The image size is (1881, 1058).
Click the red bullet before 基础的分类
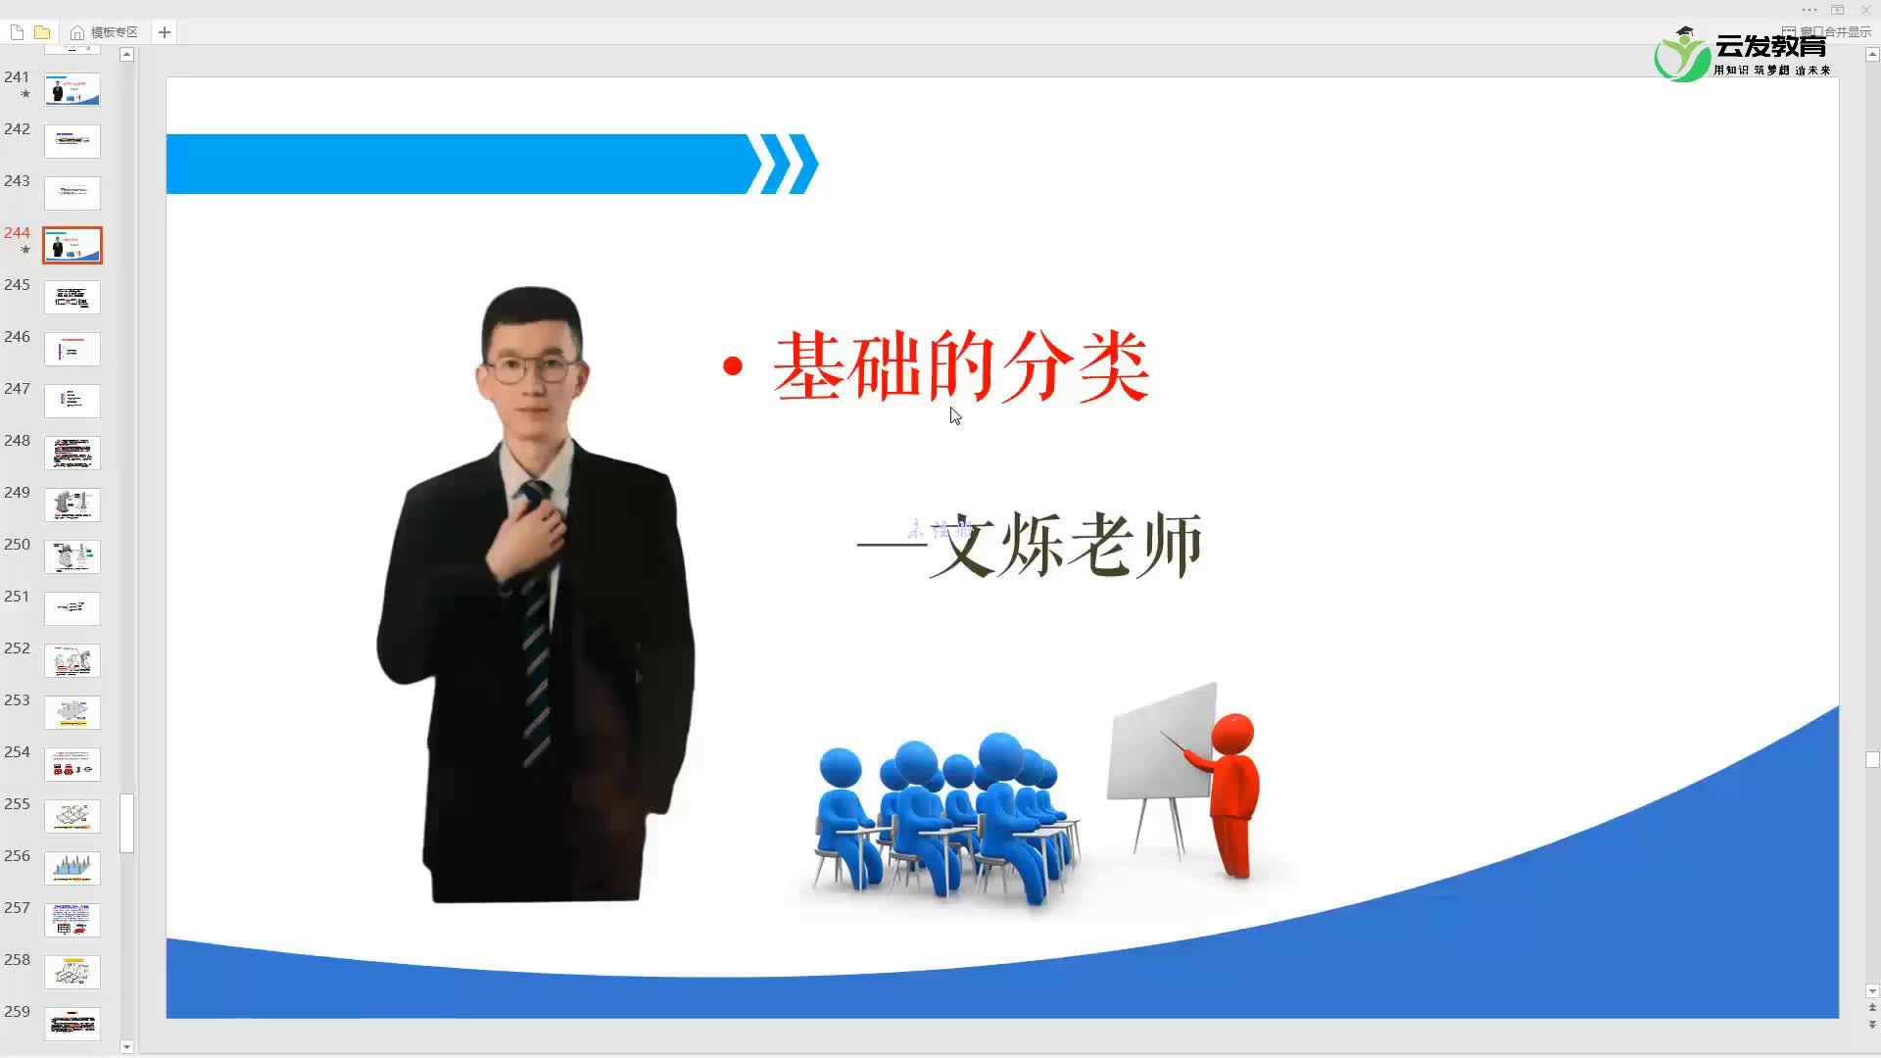(732, 366)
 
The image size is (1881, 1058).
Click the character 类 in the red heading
(1113, 366)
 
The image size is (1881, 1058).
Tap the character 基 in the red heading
(807, 366)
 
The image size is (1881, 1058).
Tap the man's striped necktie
(535, 627)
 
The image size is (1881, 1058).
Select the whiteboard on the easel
(1162, 745)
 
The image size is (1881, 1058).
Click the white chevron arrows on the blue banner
(783, 164)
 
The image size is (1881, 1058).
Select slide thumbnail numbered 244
(72, 245)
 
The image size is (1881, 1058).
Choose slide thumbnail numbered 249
(72, 505)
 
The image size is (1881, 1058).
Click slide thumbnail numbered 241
(72, 89)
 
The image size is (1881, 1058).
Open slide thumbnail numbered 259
(72, 1024)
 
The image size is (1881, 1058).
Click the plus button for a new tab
(165, 32)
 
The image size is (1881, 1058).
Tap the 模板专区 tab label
(114, 32)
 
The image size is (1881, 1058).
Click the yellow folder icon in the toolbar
(42, 32)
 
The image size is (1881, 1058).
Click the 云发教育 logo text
(1770, 47)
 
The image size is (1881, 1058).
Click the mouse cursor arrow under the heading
(954, 415)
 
